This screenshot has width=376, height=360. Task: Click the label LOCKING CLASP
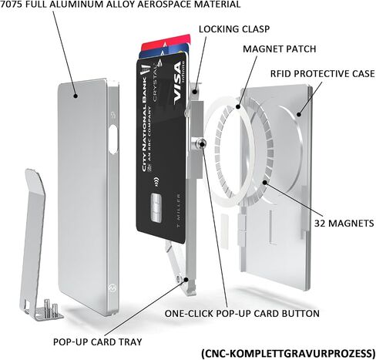(x=234, y=29)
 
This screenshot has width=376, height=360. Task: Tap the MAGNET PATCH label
(x=280, y=49)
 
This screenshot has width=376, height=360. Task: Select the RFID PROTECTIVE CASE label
(x=323, y=74)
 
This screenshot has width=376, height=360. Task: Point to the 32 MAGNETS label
(x=344, y=224)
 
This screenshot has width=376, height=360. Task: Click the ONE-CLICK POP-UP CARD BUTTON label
(x=242, y=314)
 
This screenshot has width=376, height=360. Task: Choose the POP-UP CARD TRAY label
(x=98, y=342)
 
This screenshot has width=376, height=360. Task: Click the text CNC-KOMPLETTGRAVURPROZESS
(x=288, y=353)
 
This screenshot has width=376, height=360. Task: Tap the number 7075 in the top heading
(x=12, y=4)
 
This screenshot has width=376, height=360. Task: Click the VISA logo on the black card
(x=178, y=83)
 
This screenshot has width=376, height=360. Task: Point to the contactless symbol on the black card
(x=156, y=181)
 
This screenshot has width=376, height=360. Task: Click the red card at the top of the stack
(x=166, y=42)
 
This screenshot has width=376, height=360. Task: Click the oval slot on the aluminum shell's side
(x=113, y=140)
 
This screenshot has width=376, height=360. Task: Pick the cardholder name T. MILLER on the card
(x=179, y=210)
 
